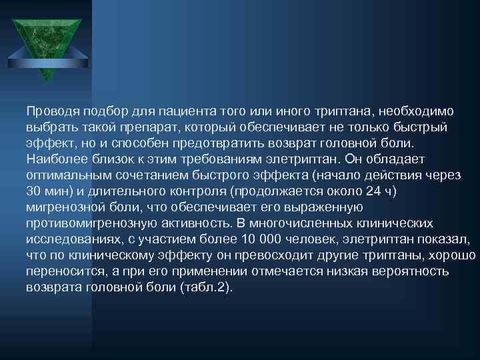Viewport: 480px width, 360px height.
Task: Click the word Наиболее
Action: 53,159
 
